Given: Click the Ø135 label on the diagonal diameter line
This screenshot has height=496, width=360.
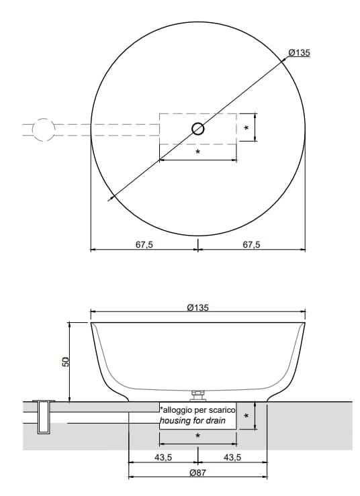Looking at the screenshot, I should pyautogui.click(x=298, y=53).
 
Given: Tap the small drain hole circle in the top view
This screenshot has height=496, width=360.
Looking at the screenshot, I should pyautogui.click(x=198, y=130).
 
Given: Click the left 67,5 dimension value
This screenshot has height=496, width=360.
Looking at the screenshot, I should pyautogui.click(x=144, y=244).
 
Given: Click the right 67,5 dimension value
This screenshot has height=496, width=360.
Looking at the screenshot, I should pyautogui.click(x=251, y=244).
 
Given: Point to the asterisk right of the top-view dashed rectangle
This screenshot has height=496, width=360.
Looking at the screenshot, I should pyautogui.click(x=246, y=128).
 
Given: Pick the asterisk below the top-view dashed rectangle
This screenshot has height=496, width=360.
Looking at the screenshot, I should pyautogui.click(x=197, y=152).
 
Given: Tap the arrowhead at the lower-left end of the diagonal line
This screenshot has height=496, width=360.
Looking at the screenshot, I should pyautogui.click(x=110, y=198).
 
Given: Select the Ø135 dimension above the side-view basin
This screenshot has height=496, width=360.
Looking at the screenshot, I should pyautogui.click(x=197, y=307).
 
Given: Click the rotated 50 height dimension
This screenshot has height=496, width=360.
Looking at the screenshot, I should pyautogui.click(x=66, y=362).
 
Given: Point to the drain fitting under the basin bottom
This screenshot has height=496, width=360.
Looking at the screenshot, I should pyautogui.click(x=198, y=395).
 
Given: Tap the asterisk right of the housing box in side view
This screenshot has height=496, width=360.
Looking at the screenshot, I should pyautogui.click(x=246, y=416).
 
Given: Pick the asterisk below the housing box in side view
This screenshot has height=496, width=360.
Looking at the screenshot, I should pyautogui.click(x=197, y=436).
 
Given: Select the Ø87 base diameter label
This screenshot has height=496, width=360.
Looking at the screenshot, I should pyautogui.click(x=197, y=473).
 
